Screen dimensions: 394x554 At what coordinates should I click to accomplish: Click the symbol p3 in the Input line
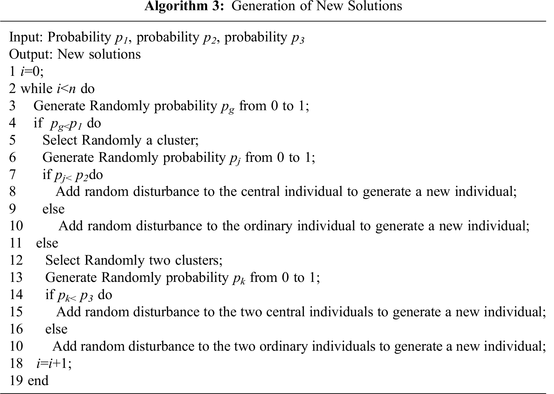tap(298, 38)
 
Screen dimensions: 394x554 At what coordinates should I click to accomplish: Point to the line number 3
tap(12, 106)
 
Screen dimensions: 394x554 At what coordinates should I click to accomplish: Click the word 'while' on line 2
tap(36, 89)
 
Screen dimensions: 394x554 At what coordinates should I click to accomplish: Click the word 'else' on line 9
tap(53, 209)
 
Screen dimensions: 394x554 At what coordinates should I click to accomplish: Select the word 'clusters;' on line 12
tap(199, 261)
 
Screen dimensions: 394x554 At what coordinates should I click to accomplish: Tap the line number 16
tap(16, 329)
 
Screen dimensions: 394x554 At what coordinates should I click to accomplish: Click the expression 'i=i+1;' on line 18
tap(54, 363)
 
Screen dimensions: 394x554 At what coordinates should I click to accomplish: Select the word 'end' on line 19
tap(38, 381)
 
